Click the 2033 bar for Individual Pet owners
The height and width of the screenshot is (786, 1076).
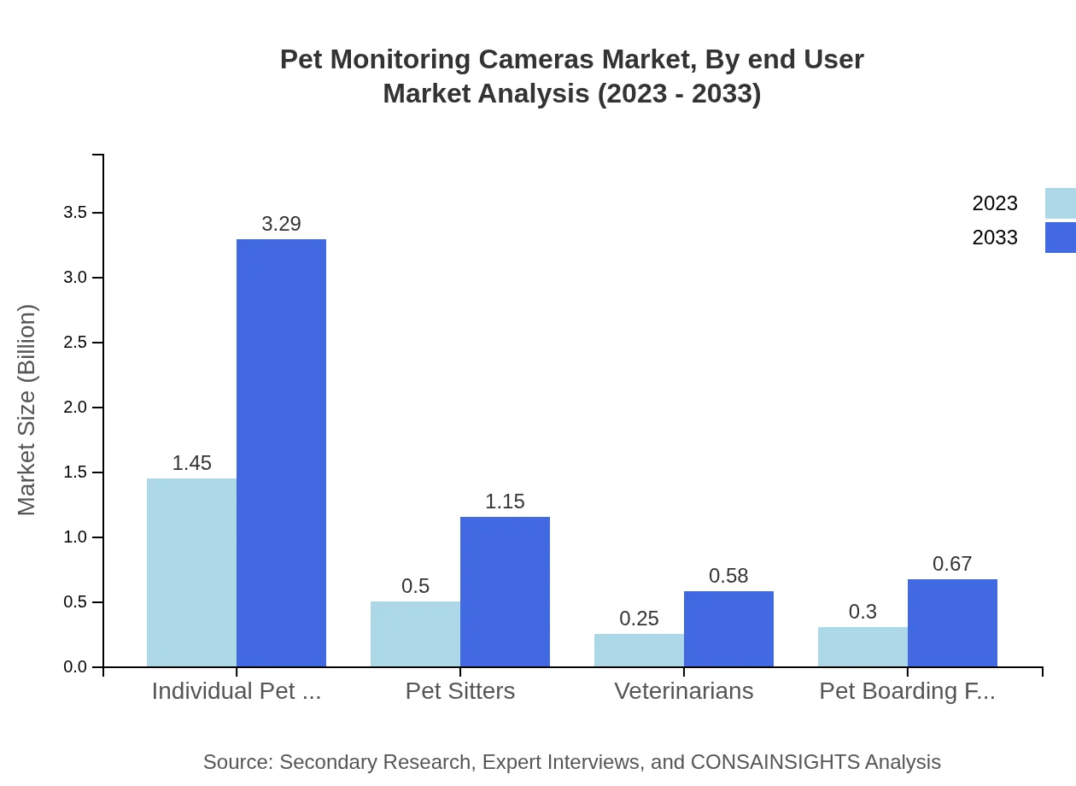(x=281, y=453)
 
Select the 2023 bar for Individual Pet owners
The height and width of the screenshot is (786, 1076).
(x=191, y=572)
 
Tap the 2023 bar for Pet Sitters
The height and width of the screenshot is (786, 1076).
(x=415, y=634)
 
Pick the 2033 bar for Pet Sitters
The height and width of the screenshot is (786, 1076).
(x=505, y=591)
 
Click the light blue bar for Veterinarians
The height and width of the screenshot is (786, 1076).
(x=639, y=650)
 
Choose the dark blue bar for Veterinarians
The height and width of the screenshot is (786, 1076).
(x=728, y=629)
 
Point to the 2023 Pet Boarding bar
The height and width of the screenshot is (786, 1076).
(x=863, y=647)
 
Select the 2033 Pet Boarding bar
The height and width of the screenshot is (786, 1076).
(x=952, y=623)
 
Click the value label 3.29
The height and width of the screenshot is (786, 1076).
(x=281, y=224)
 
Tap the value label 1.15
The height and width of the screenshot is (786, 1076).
(x=505, y=502)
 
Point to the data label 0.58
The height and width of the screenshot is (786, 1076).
(x=728, y=576)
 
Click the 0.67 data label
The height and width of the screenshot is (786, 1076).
(x=952, y=564)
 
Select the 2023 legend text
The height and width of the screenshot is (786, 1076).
(x=995, y=203)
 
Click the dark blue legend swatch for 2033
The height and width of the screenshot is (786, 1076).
(x=1061, y=238)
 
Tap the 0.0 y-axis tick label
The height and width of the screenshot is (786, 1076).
(x=75, y=667)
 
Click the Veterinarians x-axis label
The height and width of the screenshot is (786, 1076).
(x=684, y=691)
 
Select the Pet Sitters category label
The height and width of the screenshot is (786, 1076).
(x=460, y=691)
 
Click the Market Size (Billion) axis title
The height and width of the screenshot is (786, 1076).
(x=27, y=410)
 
